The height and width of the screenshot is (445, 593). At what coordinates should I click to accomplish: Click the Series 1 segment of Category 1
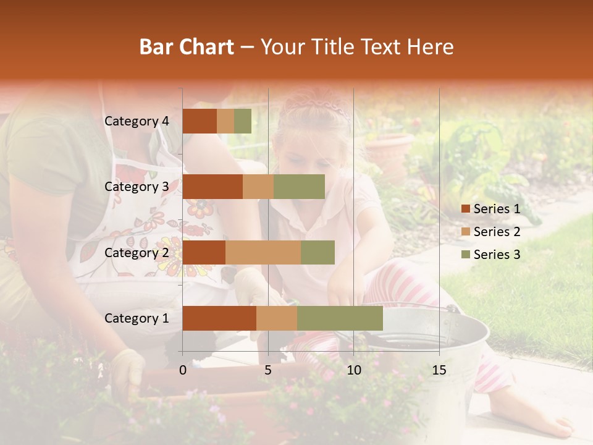219,318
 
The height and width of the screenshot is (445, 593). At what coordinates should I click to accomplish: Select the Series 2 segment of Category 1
277,318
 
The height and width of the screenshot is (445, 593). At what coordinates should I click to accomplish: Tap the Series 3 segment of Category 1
340,318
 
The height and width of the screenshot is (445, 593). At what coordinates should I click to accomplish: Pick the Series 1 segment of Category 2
204,253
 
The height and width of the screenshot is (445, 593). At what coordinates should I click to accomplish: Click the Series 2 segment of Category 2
263,253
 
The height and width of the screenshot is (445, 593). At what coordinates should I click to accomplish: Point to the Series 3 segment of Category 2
318,253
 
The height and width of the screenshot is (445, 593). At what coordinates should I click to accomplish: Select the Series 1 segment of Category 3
212,187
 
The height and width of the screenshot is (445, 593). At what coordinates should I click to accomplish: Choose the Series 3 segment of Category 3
299,187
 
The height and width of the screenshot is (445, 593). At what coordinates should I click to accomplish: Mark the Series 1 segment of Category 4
200,121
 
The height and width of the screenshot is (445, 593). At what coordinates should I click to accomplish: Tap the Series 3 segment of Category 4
243,121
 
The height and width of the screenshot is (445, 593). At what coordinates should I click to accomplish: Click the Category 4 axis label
137,121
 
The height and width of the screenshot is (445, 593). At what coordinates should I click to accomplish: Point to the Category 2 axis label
137,253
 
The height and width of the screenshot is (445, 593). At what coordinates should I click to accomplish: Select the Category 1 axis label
137,318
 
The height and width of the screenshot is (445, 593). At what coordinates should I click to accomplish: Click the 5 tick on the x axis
268,370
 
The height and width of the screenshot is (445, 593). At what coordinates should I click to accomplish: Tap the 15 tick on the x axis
439,370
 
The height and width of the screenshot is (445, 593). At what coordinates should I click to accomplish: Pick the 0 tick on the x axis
183,370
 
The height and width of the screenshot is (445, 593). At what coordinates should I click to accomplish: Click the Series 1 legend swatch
465,209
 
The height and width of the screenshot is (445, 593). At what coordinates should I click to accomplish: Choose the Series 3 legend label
497,255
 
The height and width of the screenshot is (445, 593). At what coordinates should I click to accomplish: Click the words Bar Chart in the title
187,47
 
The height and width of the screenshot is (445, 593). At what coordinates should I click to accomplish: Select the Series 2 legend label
497,232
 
